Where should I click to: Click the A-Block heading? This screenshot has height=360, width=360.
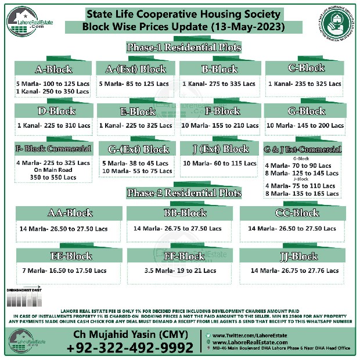(53, 70)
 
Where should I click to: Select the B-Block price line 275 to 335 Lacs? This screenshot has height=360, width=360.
(218, 84)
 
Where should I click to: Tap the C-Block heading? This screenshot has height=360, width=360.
(306, 68)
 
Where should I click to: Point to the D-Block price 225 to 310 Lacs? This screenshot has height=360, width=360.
(53, 125)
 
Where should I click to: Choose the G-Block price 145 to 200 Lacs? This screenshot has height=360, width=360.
(305, 125)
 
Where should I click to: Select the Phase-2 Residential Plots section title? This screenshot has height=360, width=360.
(183, 193)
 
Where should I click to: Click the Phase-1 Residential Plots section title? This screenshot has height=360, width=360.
(183, 47)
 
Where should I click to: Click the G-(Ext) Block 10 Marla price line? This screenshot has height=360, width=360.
(136, 171)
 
